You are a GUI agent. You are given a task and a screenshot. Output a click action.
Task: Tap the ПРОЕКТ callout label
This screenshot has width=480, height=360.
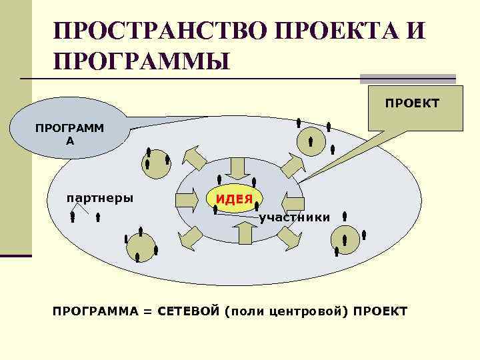pyautogui.click(x=411, y=103)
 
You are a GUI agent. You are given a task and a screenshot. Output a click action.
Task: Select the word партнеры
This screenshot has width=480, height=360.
pyautogui.click(x=99, y=198)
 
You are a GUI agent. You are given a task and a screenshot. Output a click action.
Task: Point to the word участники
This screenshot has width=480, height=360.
pyautogui.click(x=294, y=217)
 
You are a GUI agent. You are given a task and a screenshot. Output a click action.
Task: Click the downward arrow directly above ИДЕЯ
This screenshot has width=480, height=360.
pyautogui.click(x=237, y=167)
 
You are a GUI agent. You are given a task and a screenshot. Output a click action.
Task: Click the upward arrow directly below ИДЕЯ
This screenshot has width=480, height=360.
pyautogui.click(x=245, y=232)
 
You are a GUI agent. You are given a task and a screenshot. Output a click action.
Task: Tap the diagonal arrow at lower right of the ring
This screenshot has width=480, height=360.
pyautogui.click(x=289, y=237)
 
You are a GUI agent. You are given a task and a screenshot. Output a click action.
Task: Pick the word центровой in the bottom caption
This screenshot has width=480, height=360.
pyautogui.click(x=308, y=312)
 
